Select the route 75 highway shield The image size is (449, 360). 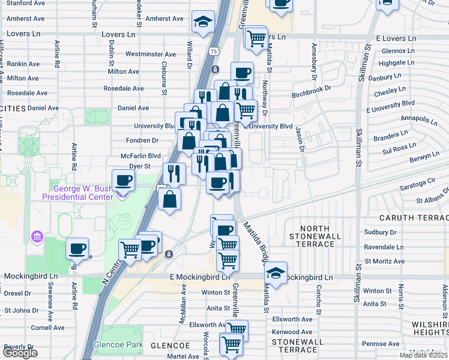click(214, 52)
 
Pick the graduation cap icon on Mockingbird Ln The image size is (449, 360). click(276, 272)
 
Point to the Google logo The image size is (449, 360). click(20, 353)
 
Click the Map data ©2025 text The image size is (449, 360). click(423, 355)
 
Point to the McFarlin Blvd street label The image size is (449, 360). click(140, 155)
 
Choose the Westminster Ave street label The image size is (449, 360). click(151, 54)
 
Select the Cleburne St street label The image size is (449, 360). click(163, 78)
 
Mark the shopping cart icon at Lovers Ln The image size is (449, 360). click(256, 38)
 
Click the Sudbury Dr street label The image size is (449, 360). click(385, 232)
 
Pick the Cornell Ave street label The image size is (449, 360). click(48, 328)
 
